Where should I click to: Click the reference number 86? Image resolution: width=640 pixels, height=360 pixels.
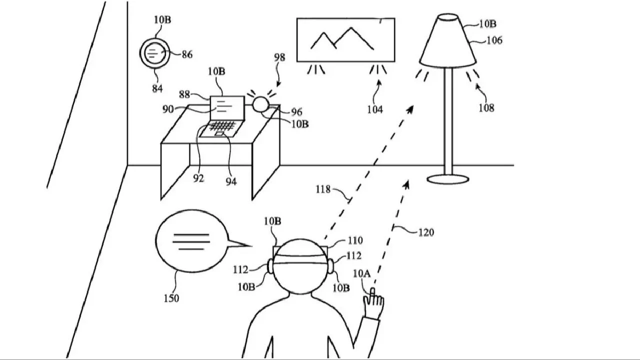pos(187,54)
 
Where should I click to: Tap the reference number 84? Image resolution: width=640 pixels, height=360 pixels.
pos(157,88)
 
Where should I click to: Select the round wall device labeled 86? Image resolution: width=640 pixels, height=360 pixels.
pos(154,52)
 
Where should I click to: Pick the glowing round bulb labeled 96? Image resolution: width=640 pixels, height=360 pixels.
pos(260,104)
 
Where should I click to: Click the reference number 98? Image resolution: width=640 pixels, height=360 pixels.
pos(279,57)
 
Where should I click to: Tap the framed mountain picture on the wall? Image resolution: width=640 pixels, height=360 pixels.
pos(345,40)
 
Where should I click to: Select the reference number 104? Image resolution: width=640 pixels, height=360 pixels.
pos(375,109)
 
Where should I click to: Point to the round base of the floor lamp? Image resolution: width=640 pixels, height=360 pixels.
pos(448,178)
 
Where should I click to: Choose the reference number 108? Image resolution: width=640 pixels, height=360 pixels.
pos(486,107)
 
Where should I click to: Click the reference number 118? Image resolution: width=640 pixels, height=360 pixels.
pos(323,189)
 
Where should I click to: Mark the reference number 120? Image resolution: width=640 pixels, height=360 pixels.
pos(426,232)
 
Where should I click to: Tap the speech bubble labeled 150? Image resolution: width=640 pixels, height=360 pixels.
pos(192,241)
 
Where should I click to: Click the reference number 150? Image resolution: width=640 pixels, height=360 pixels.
pos(171,298)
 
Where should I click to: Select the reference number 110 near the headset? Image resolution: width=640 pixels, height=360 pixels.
pos(355,241)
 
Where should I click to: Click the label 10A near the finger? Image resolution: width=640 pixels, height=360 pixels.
pos(361,273)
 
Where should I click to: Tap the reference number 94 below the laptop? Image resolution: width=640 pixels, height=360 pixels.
pos(230,181)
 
